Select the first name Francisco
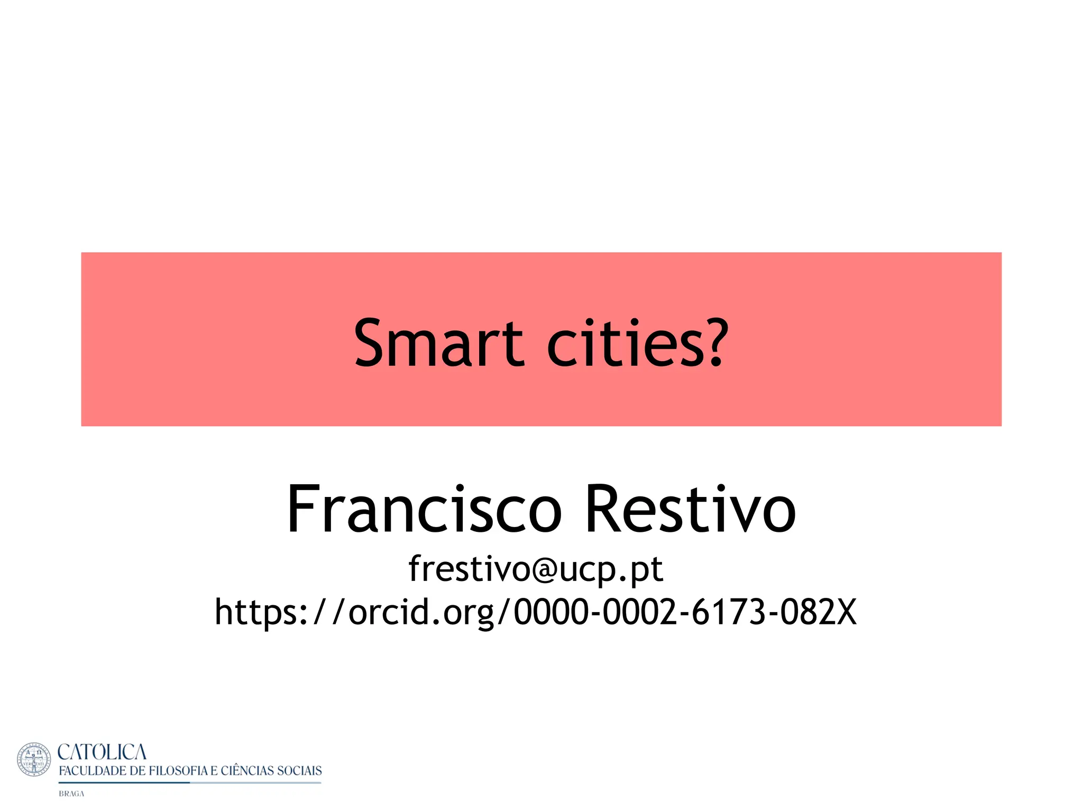pyautogui.click(x=424, y=509)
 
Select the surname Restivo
pyautogui.click(x=690, y=509)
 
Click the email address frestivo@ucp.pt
pyautogui.click(x=536, y=569)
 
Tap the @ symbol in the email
pyautogui.click(x=545, y=570)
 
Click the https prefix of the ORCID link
pyautogui.click(x=256, y=612)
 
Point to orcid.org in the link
pyautogui.click(x=421, y=612)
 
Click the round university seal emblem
pyautogui.click(x=34, y=760)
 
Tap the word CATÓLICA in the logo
pyautogui.click(x=102, y=752)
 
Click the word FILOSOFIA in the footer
pyautogui.click(x=178, y=771)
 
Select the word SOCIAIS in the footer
pyautogui.click(x=299, y=771)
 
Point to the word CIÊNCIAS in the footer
pyautogui.click(x=247, y=771)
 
